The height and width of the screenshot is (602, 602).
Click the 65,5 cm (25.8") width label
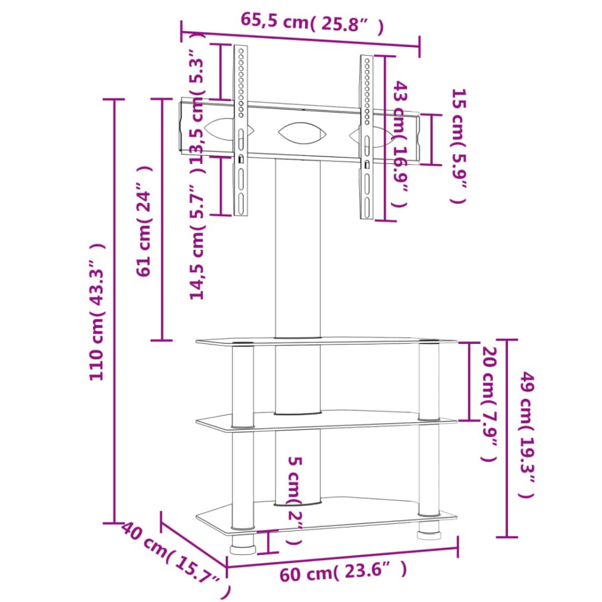pos(312,24)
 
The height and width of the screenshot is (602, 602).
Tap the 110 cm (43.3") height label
pos(96,311)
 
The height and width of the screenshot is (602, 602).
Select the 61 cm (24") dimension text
pos(144,221)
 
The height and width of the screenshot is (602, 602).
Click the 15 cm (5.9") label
pos(458,146)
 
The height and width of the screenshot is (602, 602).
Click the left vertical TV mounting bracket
pos(241,130)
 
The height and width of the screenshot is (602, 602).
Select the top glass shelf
pos(325,342)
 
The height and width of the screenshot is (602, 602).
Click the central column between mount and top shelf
pos(298,248)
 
